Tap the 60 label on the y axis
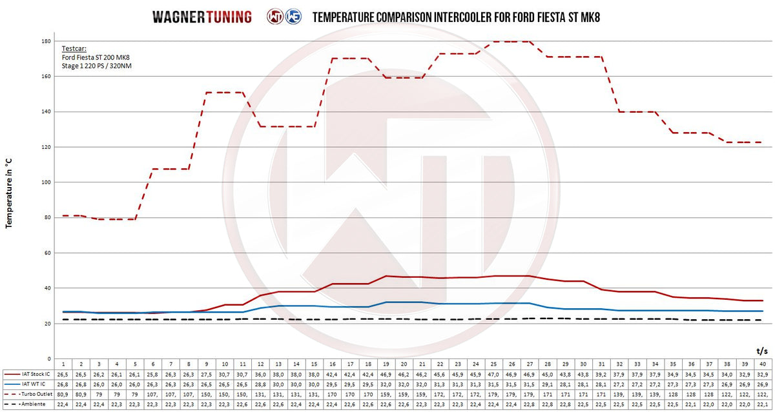[45, 253]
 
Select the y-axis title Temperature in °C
[9, 194]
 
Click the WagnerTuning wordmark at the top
[201, 17]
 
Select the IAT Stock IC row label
[36, 373]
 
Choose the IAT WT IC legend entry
[34, 384]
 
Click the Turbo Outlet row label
[36, 394]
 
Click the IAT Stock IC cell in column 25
[493, 373]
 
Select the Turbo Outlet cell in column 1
[63, 394]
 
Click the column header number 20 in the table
[404, 364]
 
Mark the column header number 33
[637, 364]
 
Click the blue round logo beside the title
[292, 17]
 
